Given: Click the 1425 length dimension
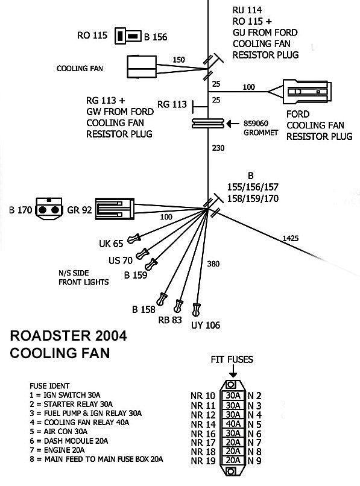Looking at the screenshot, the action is point(290,238).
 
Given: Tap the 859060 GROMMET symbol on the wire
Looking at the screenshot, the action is point(208,124).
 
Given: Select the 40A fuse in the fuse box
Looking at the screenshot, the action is point(233,424).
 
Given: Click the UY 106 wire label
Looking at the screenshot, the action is point(206,325).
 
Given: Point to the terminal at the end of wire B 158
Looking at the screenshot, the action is point(162,299).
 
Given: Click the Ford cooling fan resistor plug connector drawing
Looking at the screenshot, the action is point(306,92).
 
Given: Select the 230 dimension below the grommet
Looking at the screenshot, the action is point(218,148).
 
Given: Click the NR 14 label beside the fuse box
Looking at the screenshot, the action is point(203,424).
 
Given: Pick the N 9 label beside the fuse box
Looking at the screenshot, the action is point(254,461).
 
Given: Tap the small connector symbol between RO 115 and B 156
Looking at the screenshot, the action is point(128,36).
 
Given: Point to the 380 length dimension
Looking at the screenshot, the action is point(213,264).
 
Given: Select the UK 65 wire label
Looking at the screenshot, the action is point(111,244).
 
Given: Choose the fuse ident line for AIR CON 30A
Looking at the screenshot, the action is point(58,432).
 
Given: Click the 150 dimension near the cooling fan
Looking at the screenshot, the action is point(178,60).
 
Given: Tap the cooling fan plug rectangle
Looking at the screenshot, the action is point(142,66).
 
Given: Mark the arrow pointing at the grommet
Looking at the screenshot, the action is point(233,124).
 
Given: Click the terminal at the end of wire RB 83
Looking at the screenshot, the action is point(178,306).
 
